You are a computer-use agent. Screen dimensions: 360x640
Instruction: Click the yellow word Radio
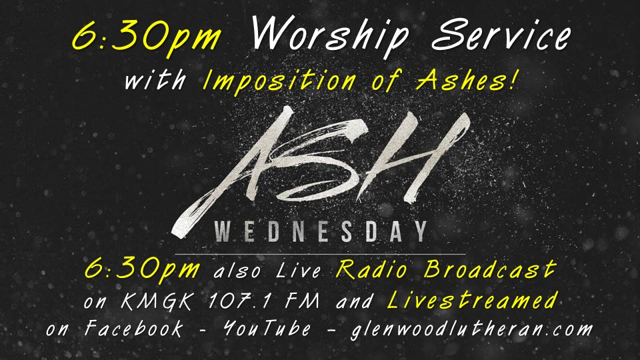(x=374, y=270)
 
